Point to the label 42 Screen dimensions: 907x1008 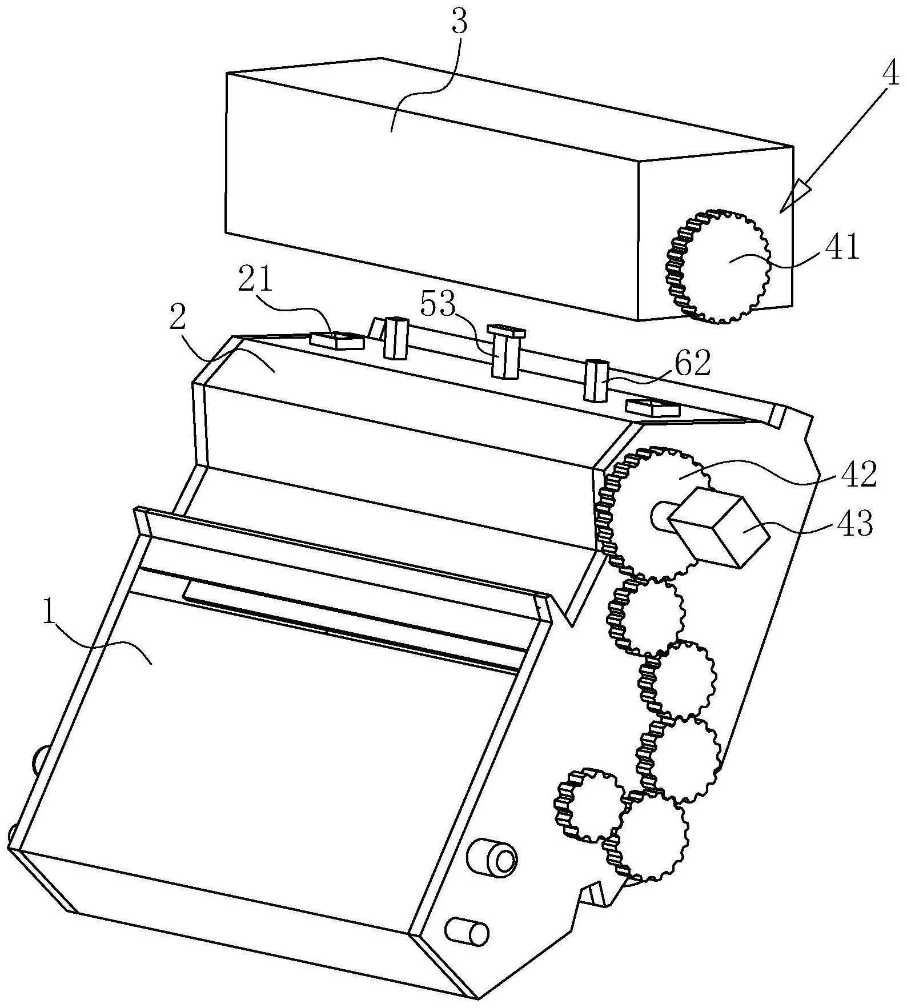(856, 473)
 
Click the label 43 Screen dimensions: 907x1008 (853, 523)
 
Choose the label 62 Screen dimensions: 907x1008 (693, 362)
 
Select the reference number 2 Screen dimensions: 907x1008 (178, 318)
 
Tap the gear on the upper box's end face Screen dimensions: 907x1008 (718, 266)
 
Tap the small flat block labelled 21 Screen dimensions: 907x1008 (336, 340)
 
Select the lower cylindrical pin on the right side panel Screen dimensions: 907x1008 (467, 933)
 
